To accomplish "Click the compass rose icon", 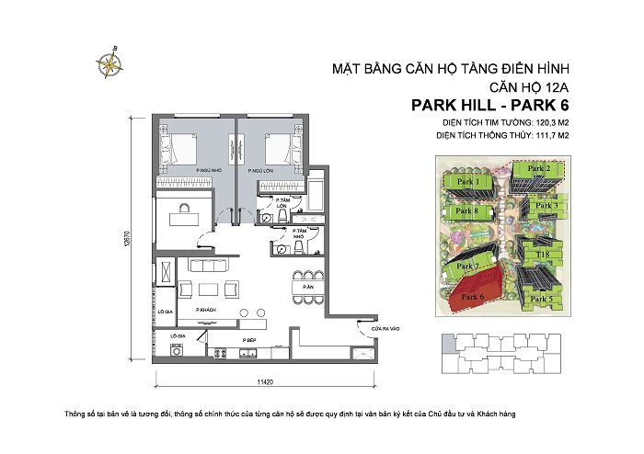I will pos(111,60).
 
